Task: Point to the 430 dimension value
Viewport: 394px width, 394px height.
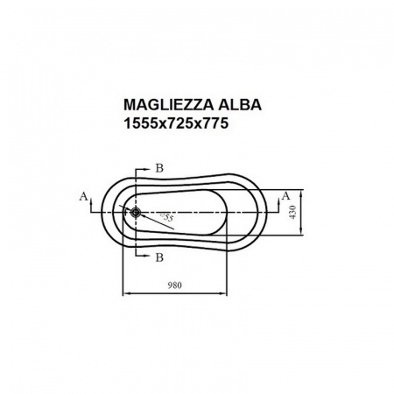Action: click(295, 211)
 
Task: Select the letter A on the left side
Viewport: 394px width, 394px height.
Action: click(83, 197)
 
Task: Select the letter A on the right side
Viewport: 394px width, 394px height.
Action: click(285, 196)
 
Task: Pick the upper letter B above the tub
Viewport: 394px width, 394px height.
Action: click(158, 166)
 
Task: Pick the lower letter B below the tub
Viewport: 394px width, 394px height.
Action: click(158, 257)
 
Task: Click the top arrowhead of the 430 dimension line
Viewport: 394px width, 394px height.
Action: click(303, 192)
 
